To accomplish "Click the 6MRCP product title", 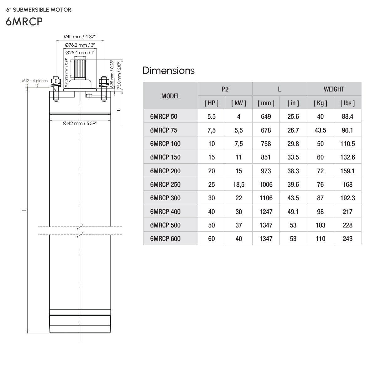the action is tap(24, 22).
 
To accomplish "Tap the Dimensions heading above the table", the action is tap(168, 70).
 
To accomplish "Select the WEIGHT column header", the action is tap(334, 89).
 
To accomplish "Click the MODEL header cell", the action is tap(170, 96).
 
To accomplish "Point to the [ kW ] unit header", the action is tap(238, 103).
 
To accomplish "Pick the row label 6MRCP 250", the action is tap(165, 184).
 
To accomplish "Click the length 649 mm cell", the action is tap(266, 117).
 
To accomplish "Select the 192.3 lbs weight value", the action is tap(347, 198).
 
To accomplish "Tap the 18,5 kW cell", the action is tap(238, 184).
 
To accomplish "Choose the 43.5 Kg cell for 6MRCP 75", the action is tap(320, 130).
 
